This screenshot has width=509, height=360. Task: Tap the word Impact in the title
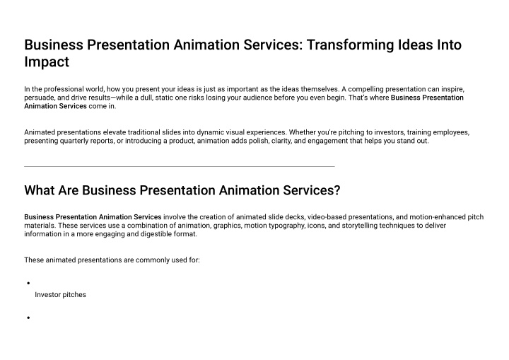(47, 62)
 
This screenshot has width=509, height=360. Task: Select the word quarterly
(74, 141)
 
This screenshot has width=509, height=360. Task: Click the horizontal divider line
(180, 166)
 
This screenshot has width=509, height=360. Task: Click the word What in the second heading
(40, 190)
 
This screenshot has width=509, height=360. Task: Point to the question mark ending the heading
(337, 190)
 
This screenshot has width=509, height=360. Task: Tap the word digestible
(157, 234)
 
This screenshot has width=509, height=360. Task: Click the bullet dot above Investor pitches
(28, 284)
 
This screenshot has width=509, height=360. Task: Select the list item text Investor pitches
(60, 295)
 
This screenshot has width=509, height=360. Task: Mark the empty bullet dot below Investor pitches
(28, 318)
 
